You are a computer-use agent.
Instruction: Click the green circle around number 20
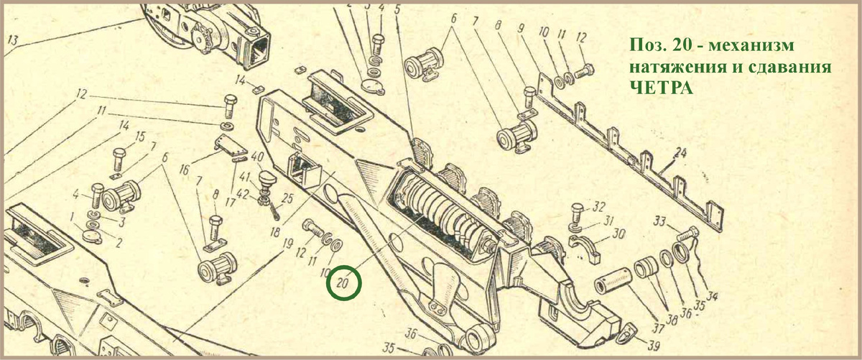click(x=343, y=267)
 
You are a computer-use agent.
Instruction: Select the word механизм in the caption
click(x=751, y=45)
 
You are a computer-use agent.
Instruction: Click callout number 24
click(x=680, y=154)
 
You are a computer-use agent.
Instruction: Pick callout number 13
click(x=13, y=40)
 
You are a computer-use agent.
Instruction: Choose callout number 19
click(x=287, y=244)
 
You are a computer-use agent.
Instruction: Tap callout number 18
click(x=274, y=233)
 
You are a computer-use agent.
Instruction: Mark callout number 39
click(x=653, y=346)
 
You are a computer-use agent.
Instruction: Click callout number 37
click(x=658, y=328)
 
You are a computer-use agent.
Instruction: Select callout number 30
click(x=618, y=234)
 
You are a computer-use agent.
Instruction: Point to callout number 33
click(x=659, y=221)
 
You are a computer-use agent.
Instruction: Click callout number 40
click(x=257, y=157)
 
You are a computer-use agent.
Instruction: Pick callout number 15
click(x=141, y=137)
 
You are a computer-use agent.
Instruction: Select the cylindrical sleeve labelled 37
click(x=613, y=281)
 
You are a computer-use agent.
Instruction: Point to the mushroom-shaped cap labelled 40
click(x=267, y=178)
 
